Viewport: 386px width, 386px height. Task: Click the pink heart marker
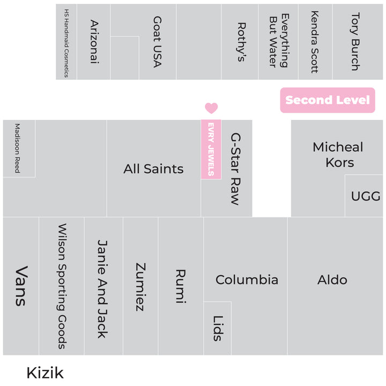coord(211,108)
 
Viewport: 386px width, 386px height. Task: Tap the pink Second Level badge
coord(328,100)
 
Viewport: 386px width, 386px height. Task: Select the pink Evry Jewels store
coord(211,150)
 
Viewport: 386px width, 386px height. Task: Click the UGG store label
coord(366,196)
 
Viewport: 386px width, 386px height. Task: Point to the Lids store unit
coord(217,328)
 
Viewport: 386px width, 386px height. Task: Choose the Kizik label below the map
coord(45,373)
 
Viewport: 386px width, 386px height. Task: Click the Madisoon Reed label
coord(17,148)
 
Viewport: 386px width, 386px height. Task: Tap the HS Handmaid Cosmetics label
coord(66,43)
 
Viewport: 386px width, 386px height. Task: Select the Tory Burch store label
coord(355,42)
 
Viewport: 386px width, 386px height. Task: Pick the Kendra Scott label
coord(314,42)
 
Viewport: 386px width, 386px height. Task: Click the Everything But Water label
coord(279,40)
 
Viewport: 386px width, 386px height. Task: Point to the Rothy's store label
coord(241,42)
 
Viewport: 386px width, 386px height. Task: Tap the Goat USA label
coord(157,42)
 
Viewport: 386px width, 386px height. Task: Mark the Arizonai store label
coord(94,42)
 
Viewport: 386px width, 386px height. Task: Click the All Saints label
coord(153,169)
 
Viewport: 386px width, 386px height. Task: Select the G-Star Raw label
coord(235,169)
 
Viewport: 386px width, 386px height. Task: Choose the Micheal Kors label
coord(338,154)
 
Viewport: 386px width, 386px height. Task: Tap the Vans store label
coord(21,286)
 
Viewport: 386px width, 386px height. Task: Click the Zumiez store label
coord(140,287)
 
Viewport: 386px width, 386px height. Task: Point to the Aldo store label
coord(332,280)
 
